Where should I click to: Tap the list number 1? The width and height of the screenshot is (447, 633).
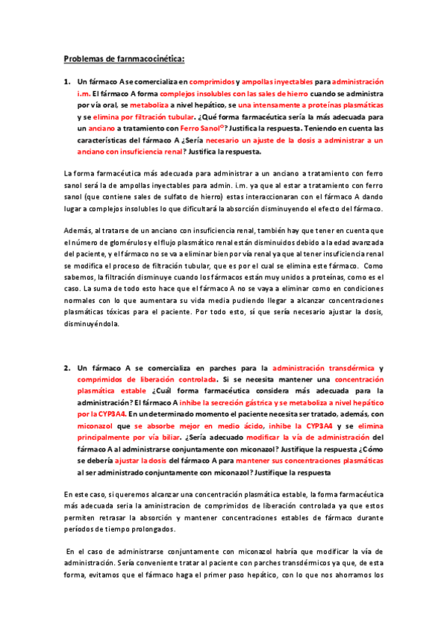[x=66, y=81]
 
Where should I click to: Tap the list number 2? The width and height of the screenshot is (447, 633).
[x=66, y=368]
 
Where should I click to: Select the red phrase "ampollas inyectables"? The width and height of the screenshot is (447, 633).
[x=278, y=81]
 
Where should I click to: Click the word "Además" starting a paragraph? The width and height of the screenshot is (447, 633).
[x=78, y=231]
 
